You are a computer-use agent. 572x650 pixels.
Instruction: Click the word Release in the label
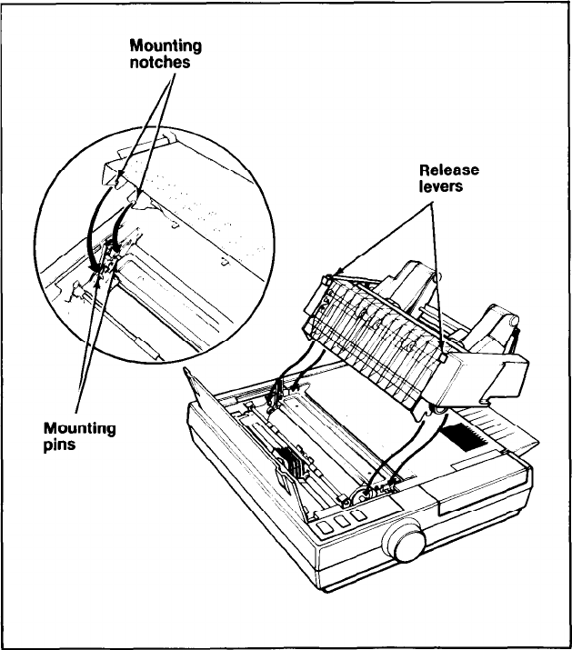pyautogui.click(x=448, y=170)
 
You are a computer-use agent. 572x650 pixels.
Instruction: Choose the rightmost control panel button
pyautogui.click(x=358, y=514)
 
